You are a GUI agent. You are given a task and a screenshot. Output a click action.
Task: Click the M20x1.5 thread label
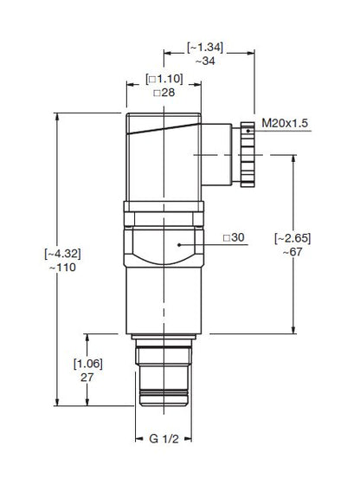pyautogui.click(x=283, y=125)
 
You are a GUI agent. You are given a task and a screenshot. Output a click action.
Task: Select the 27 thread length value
pyautogui.click(x=87, y=378)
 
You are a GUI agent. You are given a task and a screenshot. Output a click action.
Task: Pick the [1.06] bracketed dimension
pyautogui.click(x=87, y=364)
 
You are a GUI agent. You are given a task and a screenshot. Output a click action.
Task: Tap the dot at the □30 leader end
pyautogui.click(x=178, y=245)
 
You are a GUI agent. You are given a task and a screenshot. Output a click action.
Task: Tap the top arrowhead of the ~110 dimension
pyautogui.click(x=57, y=116)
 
